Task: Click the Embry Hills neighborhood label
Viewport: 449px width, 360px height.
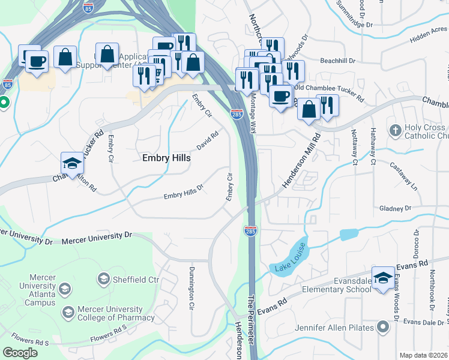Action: click(166, 158)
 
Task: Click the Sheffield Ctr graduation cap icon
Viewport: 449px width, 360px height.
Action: click(104, 280)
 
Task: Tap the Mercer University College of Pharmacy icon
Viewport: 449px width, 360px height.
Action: click(68, 312)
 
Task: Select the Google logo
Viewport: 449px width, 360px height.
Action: click(20, 353)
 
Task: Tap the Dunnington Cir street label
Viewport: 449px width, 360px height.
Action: click(191, 288)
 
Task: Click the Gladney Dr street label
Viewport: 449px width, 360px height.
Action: click(395, 208)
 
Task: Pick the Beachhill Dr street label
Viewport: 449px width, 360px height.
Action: click(338, 61)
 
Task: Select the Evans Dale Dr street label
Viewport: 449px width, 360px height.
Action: click(424, 322)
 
